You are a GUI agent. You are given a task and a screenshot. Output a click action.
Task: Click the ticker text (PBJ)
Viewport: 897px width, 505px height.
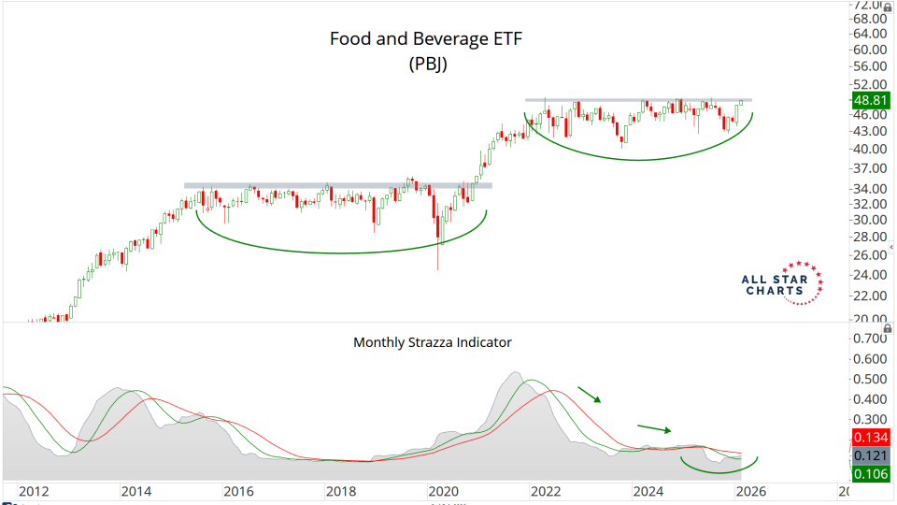coord(429,65)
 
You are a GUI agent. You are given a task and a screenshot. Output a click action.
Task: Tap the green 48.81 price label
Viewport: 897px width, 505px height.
coord(870,100)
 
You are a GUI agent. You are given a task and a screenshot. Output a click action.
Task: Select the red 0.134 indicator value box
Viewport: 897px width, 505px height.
coord(870,438)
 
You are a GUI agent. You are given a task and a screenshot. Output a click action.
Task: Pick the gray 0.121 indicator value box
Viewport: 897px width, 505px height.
coord(870,454)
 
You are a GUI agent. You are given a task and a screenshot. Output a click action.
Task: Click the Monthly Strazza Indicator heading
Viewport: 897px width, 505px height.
coord(432,342)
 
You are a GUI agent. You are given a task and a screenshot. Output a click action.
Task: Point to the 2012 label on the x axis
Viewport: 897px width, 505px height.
coord(34,491)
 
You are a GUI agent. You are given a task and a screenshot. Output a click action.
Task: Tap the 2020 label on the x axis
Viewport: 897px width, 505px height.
coord(441,491)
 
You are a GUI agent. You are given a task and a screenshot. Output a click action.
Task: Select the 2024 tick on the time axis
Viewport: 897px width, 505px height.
coord(646,491)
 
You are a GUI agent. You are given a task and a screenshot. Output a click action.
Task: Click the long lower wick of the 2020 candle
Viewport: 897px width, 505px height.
coord(437,257)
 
